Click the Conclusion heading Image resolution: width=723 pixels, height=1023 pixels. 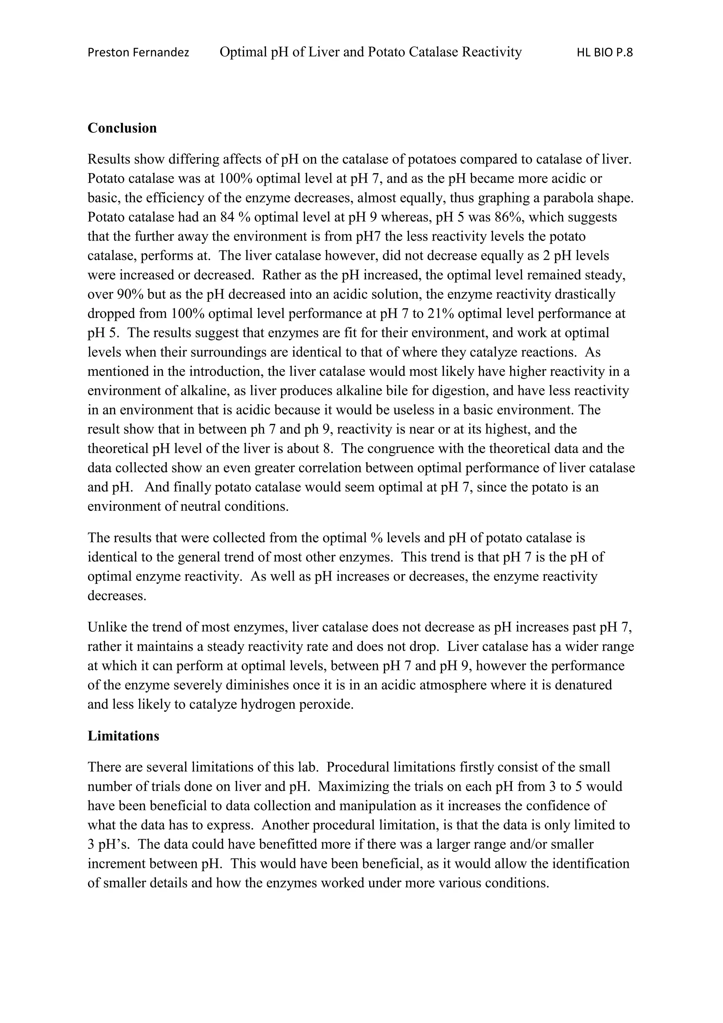(x=122, y=128)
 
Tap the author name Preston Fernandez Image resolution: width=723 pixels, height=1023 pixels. (x=138, y=53)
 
